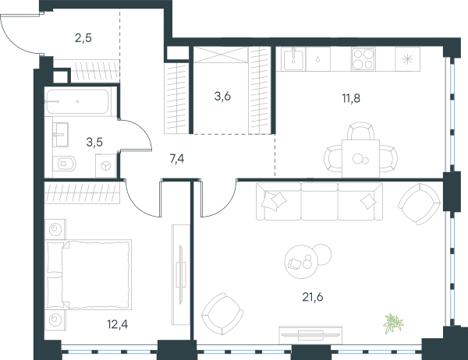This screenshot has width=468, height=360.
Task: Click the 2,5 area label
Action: click(x=83, y=38)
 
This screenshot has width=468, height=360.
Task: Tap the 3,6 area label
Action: click(x=222, y=97)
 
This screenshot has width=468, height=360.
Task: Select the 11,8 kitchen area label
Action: click(x=351, y=98)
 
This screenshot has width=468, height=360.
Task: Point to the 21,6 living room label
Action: click(x=313, y=297)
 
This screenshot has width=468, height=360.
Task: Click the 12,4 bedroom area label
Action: click(x=118, y=324)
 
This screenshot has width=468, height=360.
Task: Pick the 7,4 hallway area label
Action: click(x=177, y=159)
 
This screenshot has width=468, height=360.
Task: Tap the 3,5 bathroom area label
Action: click(x=94, y=143)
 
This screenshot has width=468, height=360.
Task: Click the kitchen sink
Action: click(x=294, y=58)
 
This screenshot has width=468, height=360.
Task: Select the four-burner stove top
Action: click(x=363, y=59)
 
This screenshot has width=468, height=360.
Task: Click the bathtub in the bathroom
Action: click(x=77, y=101)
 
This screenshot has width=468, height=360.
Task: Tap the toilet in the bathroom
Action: click(x=64, y=164)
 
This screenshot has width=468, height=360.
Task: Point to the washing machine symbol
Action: click(x=105, y=166)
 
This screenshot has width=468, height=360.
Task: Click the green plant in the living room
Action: click(x=393, y=323)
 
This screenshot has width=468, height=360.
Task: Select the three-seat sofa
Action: click(x=319, y=202)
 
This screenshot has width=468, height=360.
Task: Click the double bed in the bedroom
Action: click(x=89, y=274)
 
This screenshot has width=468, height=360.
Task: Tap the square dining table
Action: click(x=360, y=158)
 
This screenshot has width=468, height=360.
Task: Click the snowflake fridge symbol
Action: click(x=407, y=59)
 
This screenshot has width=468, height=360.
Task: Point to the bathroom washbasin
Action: click(x=61, y=135)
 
